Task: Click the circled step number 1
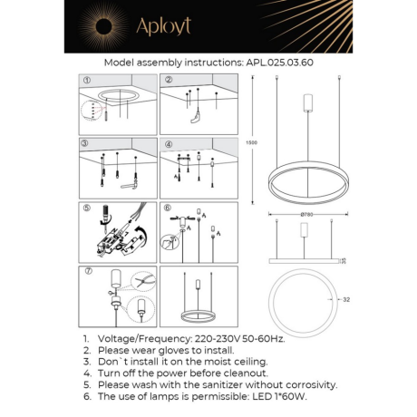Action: point(87,80)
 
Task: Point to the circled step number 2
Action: point(169,80)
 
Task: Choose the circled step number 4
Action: point(169,144)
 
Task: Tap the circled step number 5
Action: point(87,208)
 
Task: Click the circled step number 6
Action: point(169,208)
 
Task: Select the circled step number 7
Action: point(87,271)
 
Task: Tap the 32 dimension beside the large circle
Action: point(347,298)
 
